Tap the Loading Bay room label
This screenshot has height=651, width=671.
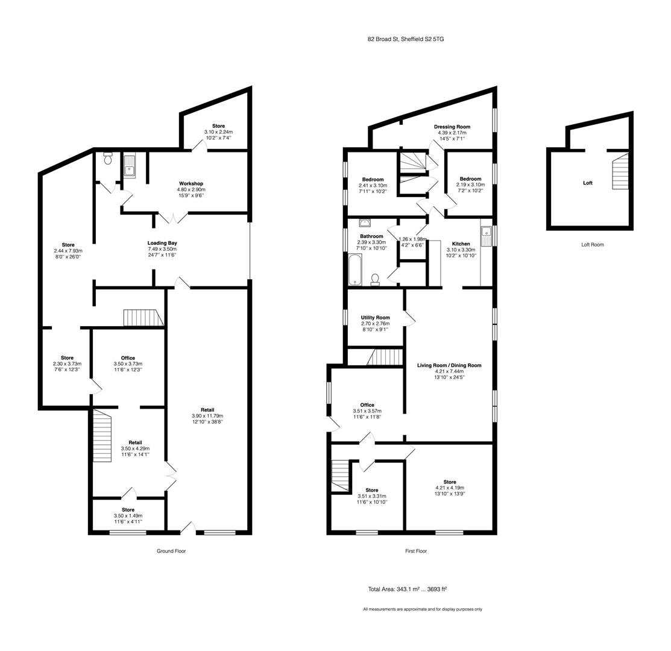pyautogui.click(x=162, y=243)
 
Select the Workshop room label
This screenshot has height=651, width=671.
pyautogui.click(x=191, y=184)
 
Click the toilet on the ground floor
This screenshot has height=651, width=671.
pyautogui.click(x=108, y=158)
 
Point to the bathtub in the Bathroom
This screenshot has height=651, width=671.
pyautogui.click(x=354, y=269)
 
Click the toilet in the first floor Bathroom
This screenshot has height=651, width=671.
pyautogui.click(x=375, y=279)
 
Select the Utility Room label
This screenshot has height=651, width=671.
pyautogui.click(x=375, y=318)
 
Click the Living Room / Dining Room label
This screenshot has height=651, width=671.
pyautogui.click(x=449, y=365)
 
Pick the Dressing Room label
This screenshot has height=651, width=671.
pyautogui.click(x=452, y=127)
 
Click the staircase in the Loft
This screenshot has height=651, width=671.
pyautogui.click(x=620, y=173)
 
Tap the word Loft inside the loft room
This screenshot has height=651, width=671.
pyautogui.click(x=587, y=183)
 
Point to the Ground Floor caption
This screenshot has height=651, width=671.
pyautogui.click(x=171, y=551)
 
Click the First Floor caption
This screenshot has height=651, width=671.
pyautogui.click(x=416, y=551)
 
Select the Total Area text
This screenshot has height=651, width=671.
pyautogui.click(x=407, y=590)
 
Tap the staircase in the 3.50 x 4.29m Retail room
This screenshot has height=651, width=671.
pyautogui.click(x=102, y=436)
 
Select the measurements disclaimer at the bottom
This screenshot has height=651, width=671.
pyautogui.click(x=422, y=609)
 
